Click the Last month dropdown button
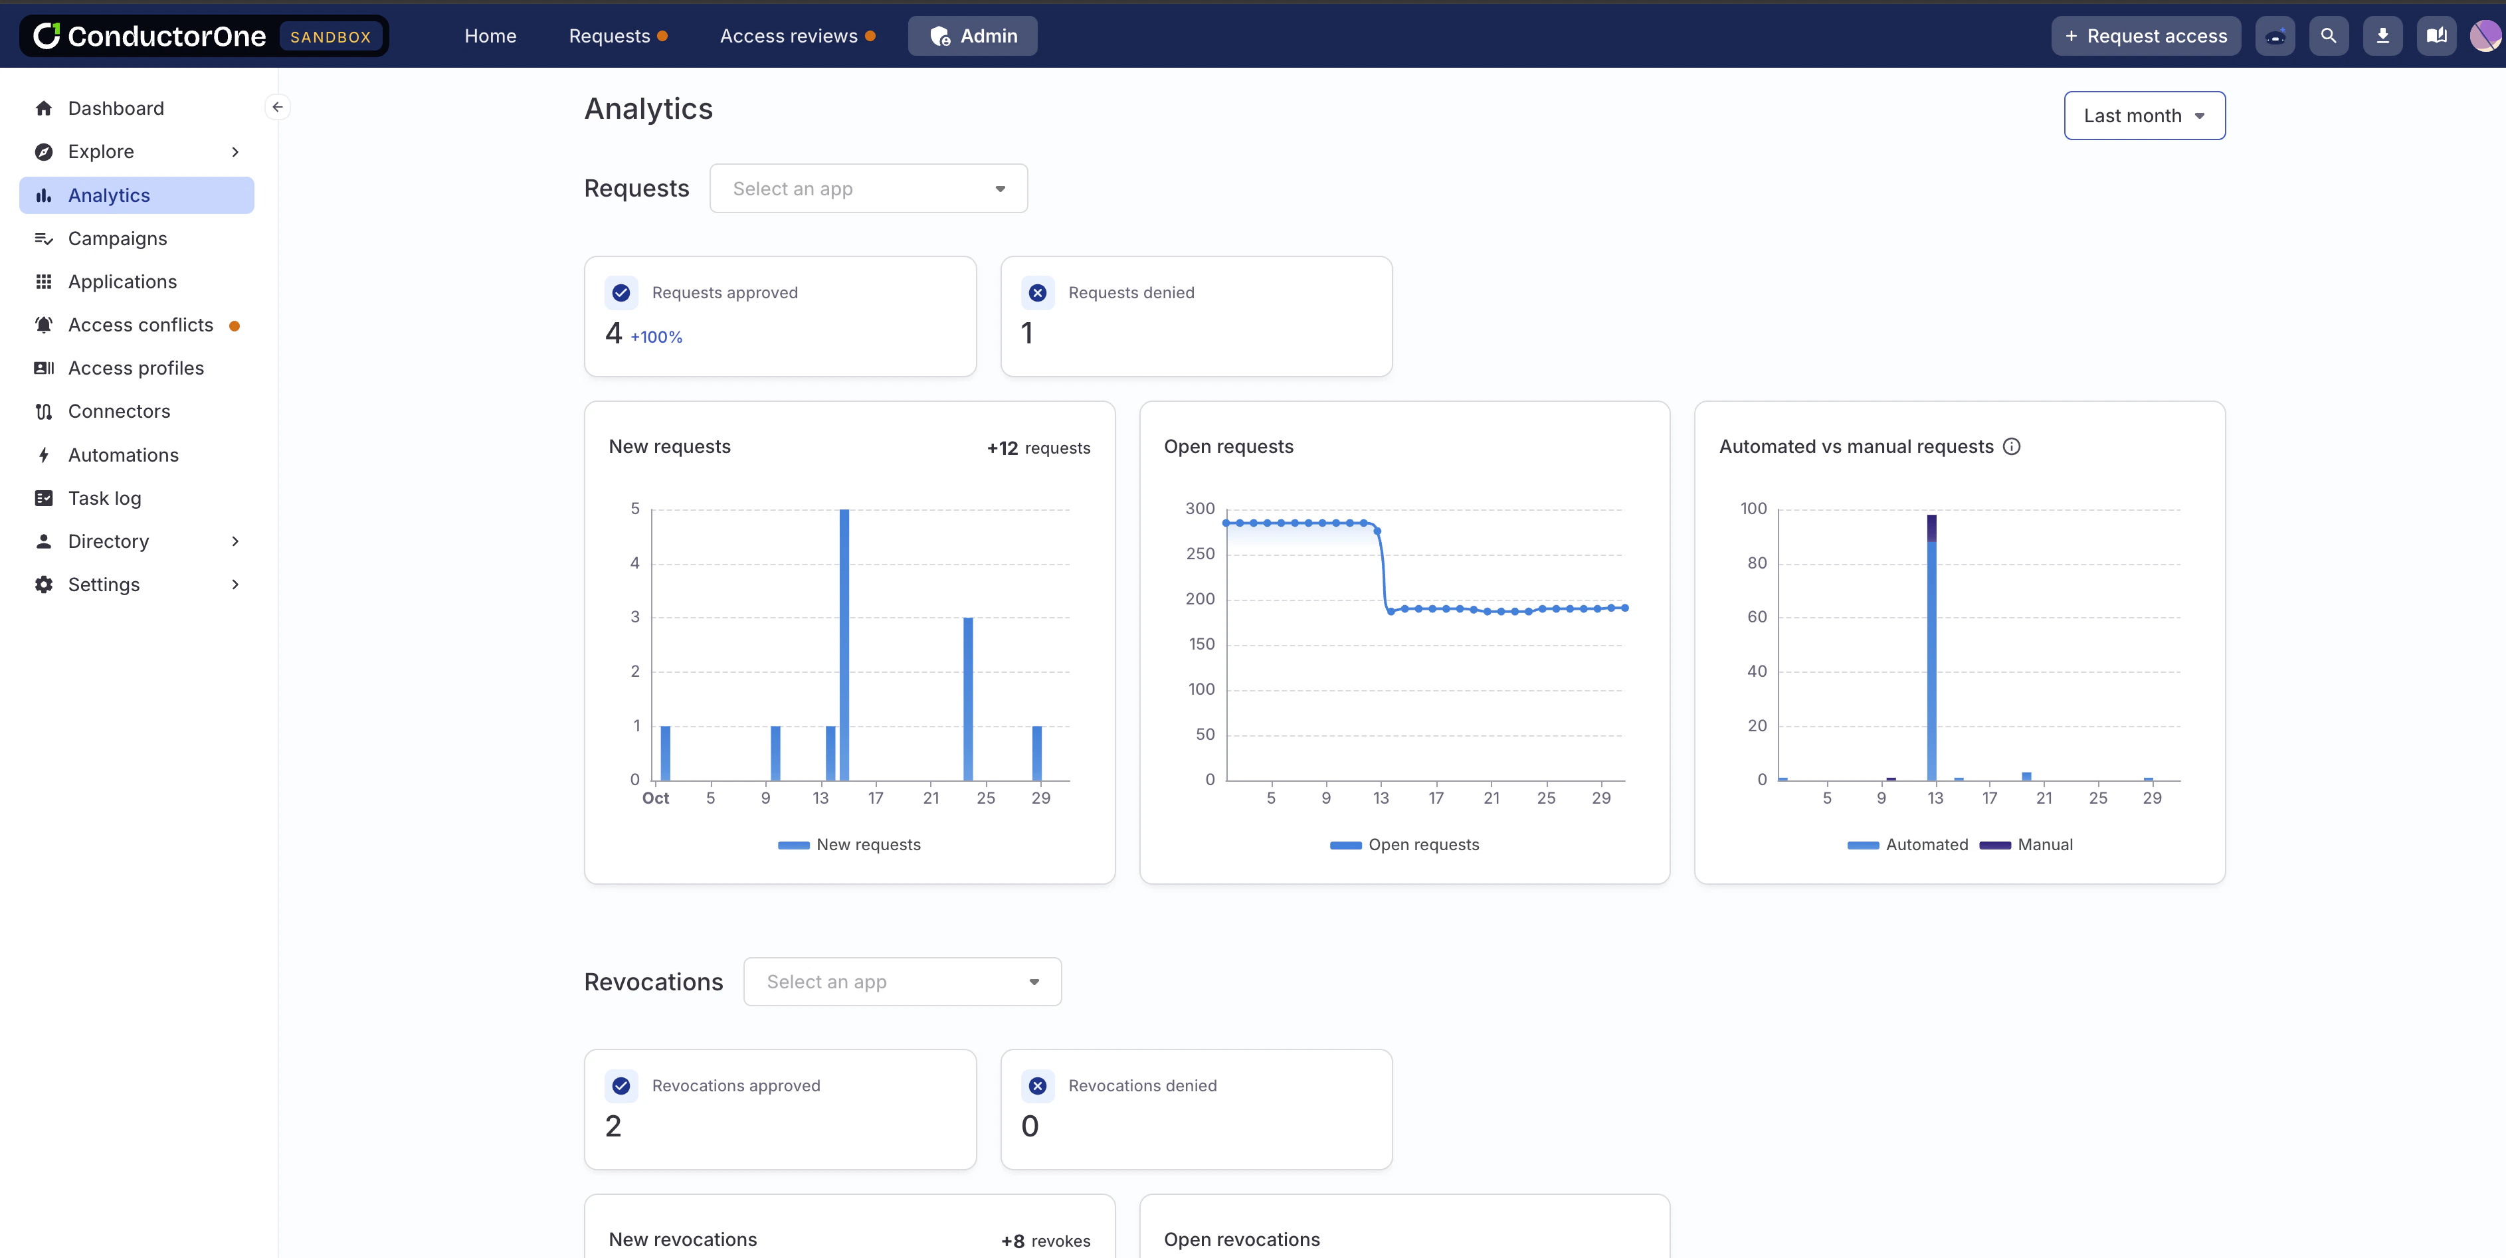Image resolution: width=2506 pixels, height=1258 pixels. click(2143, 116)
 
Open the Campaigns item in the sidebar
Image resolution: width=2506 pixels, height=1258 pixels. click(117, 238)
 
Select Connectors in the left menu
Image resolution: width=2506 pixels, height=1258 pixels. click(119, 412)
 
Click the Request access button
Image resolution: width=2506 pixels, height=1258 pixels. click(2145, 36)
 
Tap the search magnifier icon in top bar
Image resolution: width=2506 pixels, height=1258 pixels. click(2328, 36)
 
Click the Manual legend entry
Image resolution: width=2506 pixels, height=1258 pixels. click(2043, 844)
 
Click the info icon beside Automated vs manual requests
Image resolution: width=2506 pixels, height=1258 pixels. click(2011, 446)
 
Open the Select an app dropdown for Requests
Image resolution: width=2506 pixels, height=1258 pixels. click(868, 189)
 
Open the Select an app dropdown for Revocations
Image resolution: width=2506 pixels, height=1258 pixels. click(902, 982)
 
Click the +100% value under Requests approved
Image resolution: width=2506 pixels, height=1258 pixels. click(656, 337)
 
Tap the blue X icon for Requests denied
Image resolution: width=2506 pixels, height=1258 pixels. click(1037, 293)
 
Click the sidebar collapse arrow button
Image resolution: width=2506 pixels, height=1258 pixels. click(277, 107)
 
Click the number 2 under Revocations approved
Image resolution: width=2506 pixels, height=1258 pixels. click(613, 1126)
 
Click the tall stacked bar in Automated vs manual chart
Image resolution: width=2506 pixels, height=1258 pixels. click(1931, 647)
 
